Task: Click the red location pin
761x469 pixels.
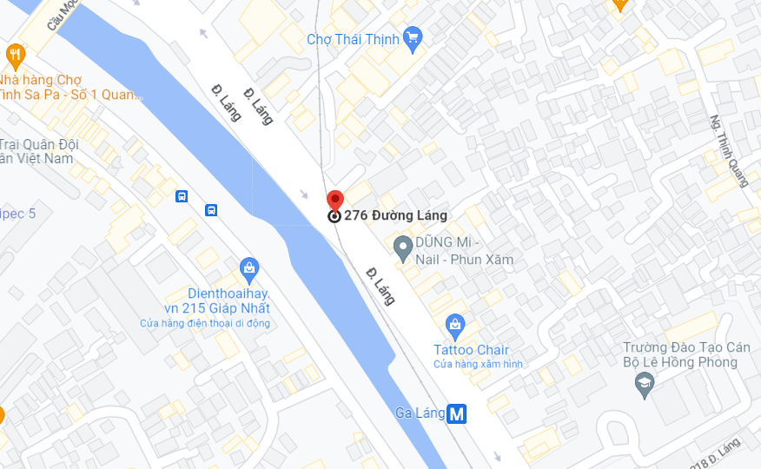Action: coord(334,201)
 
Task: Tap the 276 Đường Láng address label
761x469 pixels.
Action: coord(395,215)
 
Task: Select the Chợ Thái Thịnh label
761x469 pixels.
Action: coord(353,39)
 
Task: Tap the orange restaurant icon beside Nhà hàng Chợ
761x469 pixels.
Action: coord(15,57)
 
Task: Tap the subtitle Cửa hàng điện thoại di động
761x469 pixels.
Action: coord(205,323)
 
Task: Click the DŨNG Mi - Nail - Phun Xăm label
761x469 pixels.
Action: coord(464,250)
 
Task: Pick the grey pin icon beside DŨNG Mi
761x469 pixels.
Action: coord(402,249)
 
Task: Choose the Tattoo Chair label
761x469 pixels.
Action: coord(472,349)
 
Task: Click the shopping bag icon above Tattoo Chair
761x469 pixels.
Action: coord(454,327)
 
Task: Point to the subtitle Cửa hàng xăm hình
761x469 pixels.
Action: coord(479,364)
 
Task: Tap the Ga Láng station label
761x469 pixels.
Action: coord(420,413)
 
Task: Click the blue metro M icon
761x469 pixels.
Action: coord(457,413)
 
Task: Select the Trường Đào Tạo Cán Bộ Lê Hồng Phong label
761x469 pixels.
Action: coord(685,354)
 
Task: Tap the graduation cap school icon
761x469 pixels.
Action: coord(645,383)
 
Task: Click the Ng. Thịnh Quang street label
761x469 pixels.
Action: coord(729,151)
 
